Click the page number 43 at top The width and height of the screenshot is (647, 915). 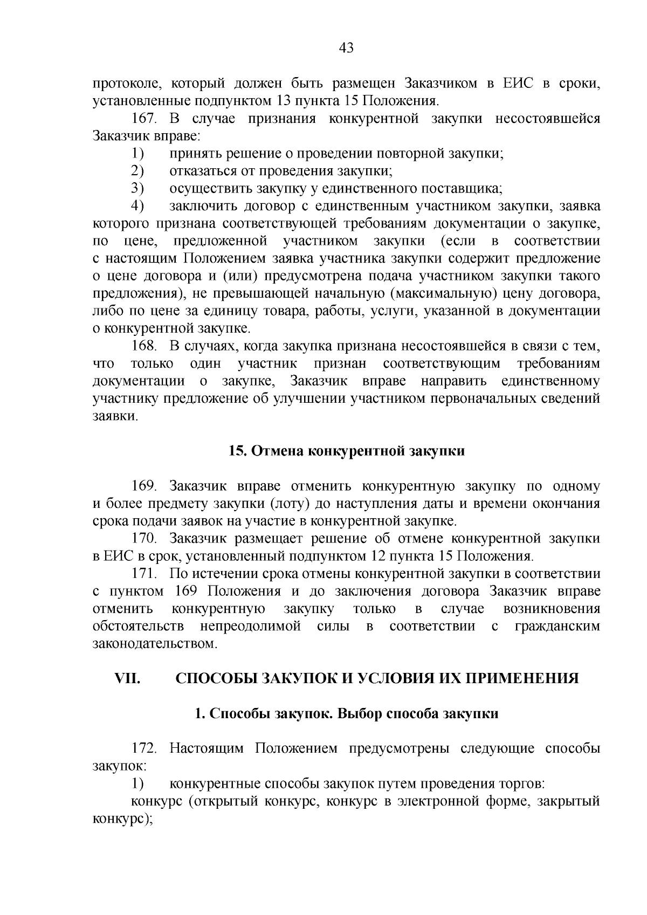tap(346, 48)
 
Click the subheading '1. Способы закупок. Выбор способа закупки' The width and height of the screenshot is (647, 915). tap(346, 713)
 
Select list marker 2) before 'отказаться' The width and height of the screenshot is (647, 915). tap(137, 171)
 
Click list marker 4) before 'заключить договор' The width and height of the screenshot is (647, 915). tap(137, 206)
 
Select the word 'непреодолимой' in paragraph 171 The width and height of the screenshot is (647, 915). tap(250, 626)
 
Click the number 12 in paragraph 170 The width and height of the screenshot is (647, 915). tap(379, 556)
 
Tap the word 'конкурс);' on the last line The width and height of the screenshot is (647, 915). tap(120, 818)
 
